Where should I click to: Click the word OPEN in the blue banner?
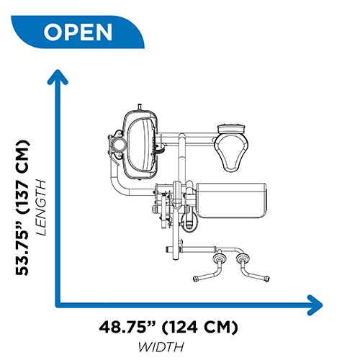[x=78, y=32]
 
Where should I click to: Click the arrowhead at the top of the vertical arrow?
[x=58, y=76]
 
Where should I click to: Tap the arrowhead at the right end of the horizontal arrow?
[x=315, y=305]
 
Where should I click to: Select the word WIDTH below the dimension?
[x=161, y=347]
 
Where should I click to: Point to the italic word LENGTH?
[x=40, y=207]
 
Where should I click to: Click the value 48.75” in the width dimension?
[x=127, y=327]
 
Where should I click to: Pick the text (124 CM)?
[x=200, y=327]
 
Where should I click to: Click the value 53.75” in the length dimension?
[x=22, y=248]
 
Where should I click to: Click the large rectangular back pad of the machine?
[x=231, y=201]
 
